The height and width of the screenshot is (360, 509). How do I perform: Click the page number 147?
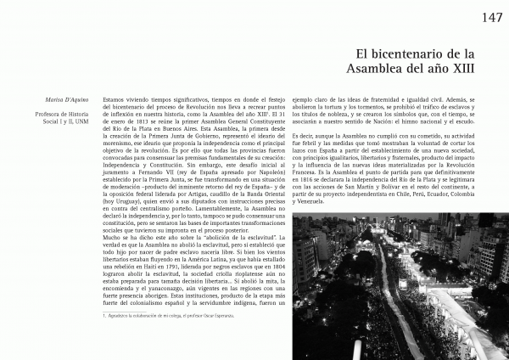(493, 18)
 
